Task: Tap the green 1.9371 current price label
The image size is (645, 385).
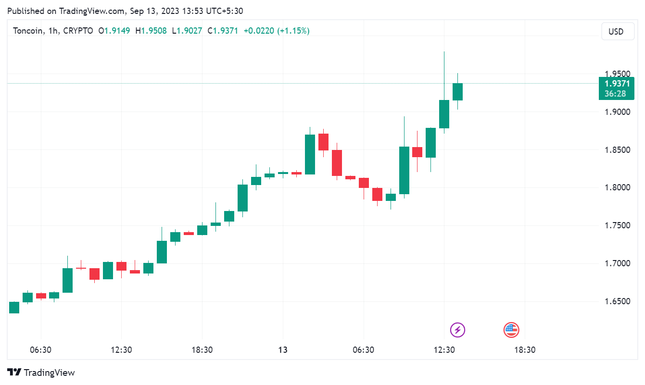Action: pos(616,84)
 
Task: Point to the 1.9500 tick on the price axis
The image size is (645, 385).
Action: pos(617,74)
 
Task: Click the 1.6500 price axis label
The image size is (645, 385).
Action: pos(617,301)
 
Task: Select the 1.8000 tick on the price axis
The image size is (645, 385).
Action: pos(617,187)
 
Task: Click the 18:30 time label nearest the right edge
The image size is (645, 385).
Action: pos(525,350)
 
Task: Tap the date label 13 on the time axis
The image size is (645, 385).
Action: pos(283,350)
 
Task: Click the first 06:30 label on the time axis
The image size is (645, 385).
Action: pos(40,350)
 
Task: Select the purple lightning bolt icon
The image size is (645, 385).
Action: pos(457,330)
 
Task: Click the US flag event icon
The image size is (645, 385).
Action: pos(511,330)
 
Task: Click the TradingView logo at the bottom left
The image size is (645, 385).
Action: pos(41,373)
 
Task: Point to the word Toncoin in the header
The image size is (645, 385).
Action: pos(27,31)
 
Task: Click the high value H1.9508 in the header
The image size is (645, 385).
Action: pos(151,31)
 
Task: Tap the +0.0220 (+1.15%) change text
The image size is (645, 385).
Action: pos(277,31)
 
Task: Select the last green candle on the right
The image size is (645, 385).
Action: pos(457,92)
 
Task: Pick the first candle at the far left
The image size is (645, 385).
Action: pos(14,308)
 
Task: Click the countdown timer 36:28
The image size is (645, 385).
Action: pos(616,94)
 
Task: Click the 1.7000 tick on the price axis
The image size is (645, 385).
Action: pos(617,263)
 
